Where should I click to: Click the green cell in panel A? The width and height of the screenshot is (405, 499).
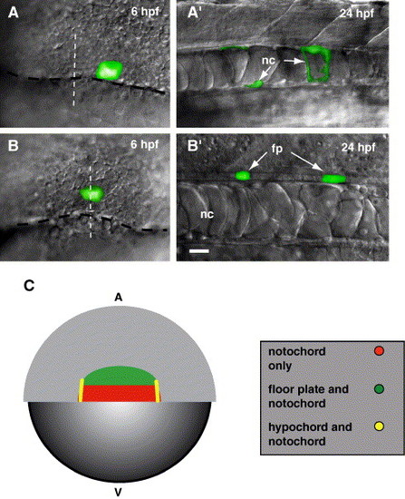(110, 71)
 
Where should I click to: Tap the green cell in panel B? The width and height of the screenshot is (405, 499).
(92, 193)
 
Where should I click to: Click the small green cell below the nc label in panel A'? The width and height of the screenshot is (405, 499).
(255, 84)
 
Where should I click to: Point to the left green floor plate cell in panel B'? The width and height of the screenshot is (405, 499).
(243, 176)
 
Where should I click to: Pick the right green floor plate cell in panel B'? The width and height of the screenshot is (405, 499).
(334, 179)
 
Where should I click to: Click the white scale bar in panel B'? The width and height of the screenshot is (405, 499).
(199, 251)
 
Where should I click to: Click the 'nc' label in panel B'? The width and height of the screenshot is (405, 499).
(207, 214)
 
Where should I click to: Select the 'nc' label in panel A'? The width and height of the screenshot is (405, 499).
(268, 60)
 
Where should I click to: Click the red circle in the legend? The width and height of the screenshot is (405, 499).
(379, 351)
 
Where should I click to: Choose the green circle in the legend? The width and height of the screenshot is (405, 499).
(379, 388)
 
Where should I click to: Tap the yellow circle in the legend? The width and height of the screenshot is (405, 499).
(379, 426)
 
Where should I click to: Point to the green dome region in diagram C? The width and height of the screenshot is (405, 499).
(119, 377)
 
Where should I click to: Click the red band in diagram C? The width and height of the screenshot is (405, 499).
(120, 394)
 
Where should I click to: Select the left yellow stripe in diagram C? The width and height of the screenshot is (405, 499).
(81, 390)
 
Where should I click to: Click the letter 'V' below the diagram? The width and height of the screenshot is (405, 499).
(119, 493)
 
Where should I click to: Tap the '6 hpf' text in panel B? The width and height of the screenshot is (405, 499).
(144, 145)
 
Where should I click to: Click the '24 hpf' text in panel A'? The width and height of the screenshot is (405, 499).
(357, 13)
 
